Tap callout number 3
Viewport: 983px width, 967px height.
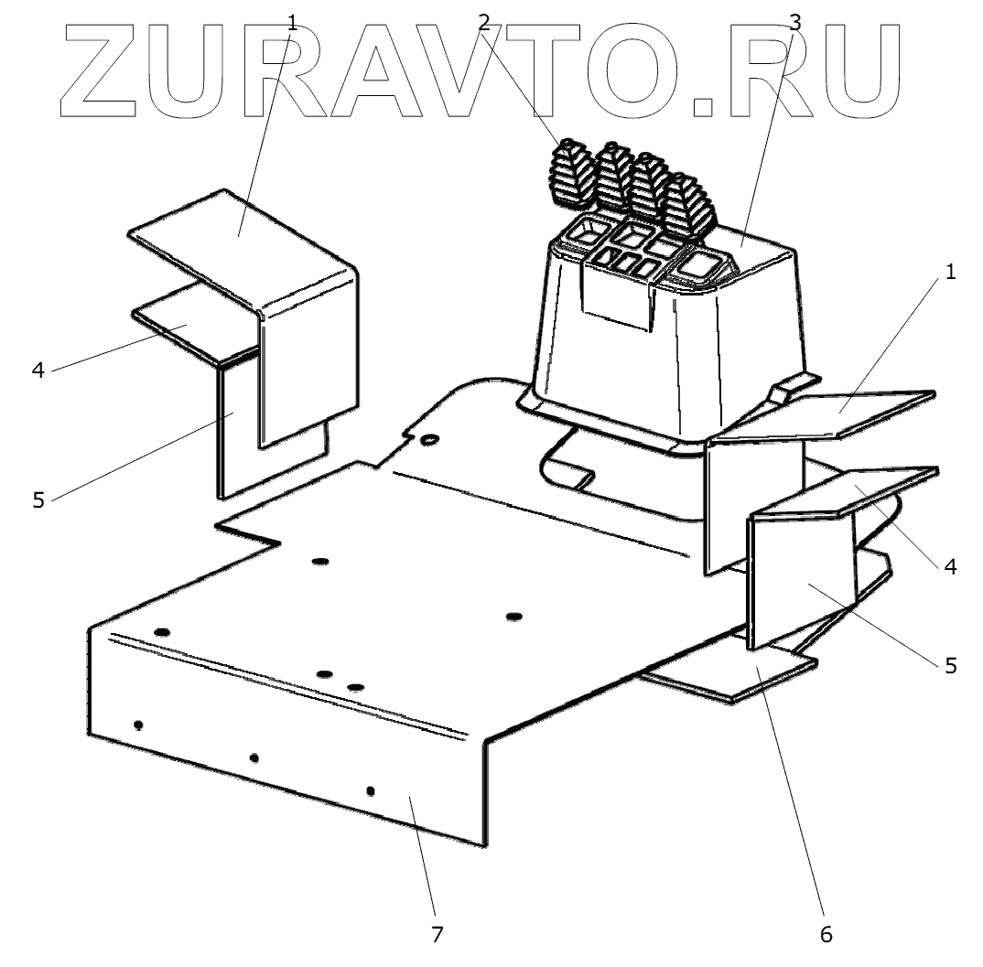click(x=794, y=22)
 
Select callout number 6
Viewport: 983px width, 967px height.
click(x=826, y=934)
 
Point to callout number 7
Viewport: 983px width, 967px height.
click(x=437, y=934)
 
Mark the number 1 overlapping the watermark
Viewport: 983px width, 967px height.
click(x=292, y=22)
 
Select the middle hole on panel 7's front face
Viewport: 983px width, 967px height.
click(x=254, y=757)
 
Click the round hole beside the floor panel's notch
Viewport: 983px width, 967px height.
click(x=427, y=440)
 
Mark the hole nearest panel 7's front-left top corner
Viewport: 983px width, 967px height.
click(x=163, y=632)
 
